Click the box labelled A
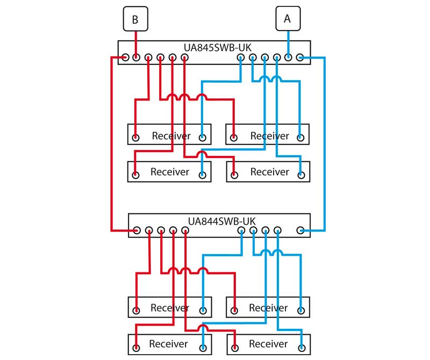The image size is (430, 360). click(x=288, y=19)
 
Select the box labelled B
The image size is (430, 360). click(x=135, y=20)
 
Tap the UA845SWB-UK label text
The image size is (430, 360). click(x=214, y=47)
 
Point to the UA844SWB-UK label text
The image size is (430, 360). click(x=221, y=221)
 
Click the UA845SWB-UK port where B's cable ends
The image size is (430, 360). click(x=137, y=57)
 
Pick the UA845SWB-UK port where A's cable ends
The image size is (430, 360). click(x=288, y=57)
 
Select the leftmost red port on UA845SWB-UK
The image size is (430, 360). click(x=125, y=57)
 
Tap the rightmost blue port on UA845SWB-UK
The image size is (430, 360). click(x=300, y=57)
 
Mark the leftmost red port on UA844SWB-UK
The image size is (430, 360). click(x=138, y=231)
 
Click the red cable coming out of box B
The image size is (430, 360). click(x=136, y=40)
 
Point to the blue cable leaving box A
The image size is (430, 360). click(x=288, y=40)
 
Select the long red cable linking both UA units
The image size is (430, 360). click(x=111, y=150)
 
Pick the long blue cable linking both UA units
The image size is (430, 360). click(x=325, y=150)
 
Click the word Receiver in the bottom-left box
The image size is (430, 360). click(x=169, y=344)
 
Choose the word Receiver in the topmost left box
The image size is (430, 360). click(x=171, y=136)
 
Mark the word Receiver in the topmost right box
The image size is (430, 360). click(x=270, y=136)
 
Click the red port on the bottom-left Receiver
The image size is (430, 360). click(x=137, y=348)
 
